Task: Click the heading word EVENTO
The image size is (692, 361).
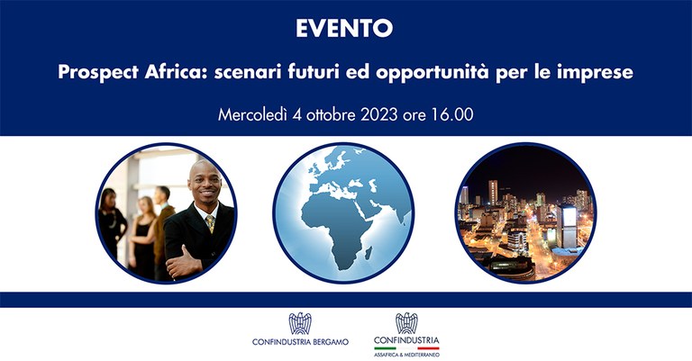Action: coord(345,29)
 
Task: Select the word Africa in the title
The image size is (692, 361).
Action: coord(168,73)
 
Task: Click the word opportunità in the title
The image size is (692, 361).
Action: coord(451,73)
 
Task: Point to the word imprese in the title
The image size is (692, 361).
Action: coord(596,74)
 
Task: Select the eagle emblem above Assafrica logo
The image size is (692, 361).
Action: coord(406,323)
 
